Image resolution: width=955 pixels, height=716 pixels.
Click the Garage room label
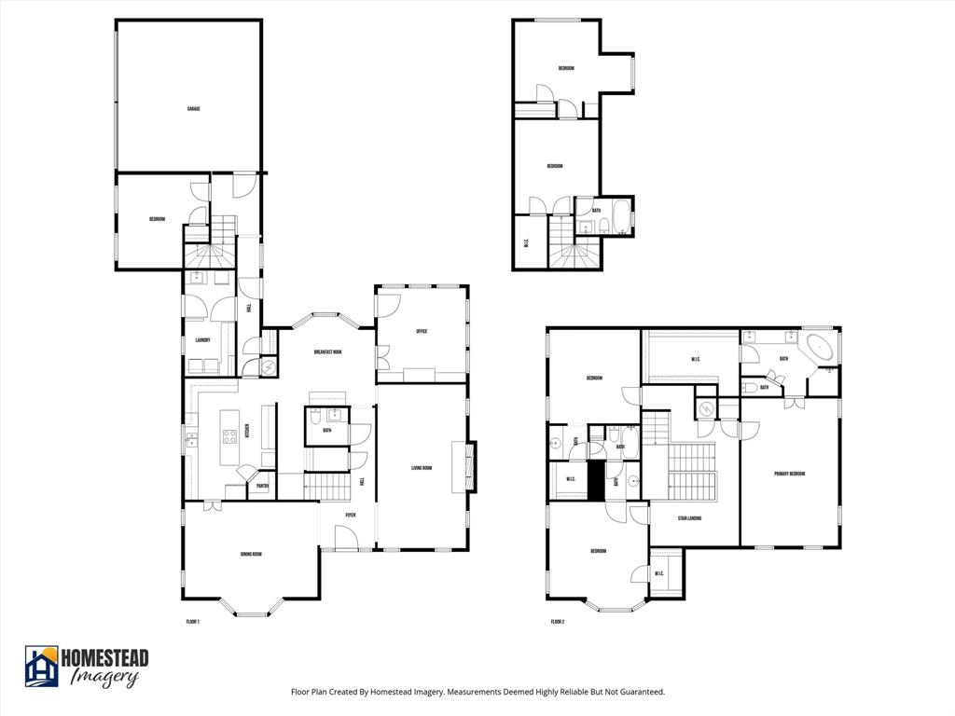click(193, 109)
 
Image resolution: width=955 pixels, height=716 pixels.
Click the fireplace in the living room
click(469, 465)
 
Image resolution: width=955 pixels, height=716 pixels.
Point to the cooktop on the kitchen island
click(229, 436)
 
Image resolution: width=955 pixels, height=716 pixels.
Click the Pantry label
click(263, 486)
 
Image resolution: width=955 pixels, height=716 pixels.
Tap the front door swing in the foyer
click(346, 536)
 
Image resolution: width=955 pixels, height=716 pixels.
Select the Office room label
click(421, 331)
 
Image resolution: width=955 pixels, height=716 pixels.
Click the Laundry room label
click(202, 340)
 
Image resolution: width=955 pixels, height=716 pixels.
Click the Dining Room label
click(250, 555)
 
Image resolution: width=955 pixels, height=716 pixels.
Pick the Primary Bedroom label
click(789, 474)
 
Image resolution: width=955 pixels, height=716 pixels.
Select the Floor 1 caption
click(193, 622)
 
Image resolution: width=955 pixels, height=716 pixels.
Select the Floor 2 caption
click(558, 622)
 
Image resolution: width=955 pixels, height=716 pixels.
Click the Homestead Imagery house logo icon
click(41, 666)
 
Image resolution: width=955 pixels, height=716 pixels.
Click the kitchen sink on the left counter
click(191, 438)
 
